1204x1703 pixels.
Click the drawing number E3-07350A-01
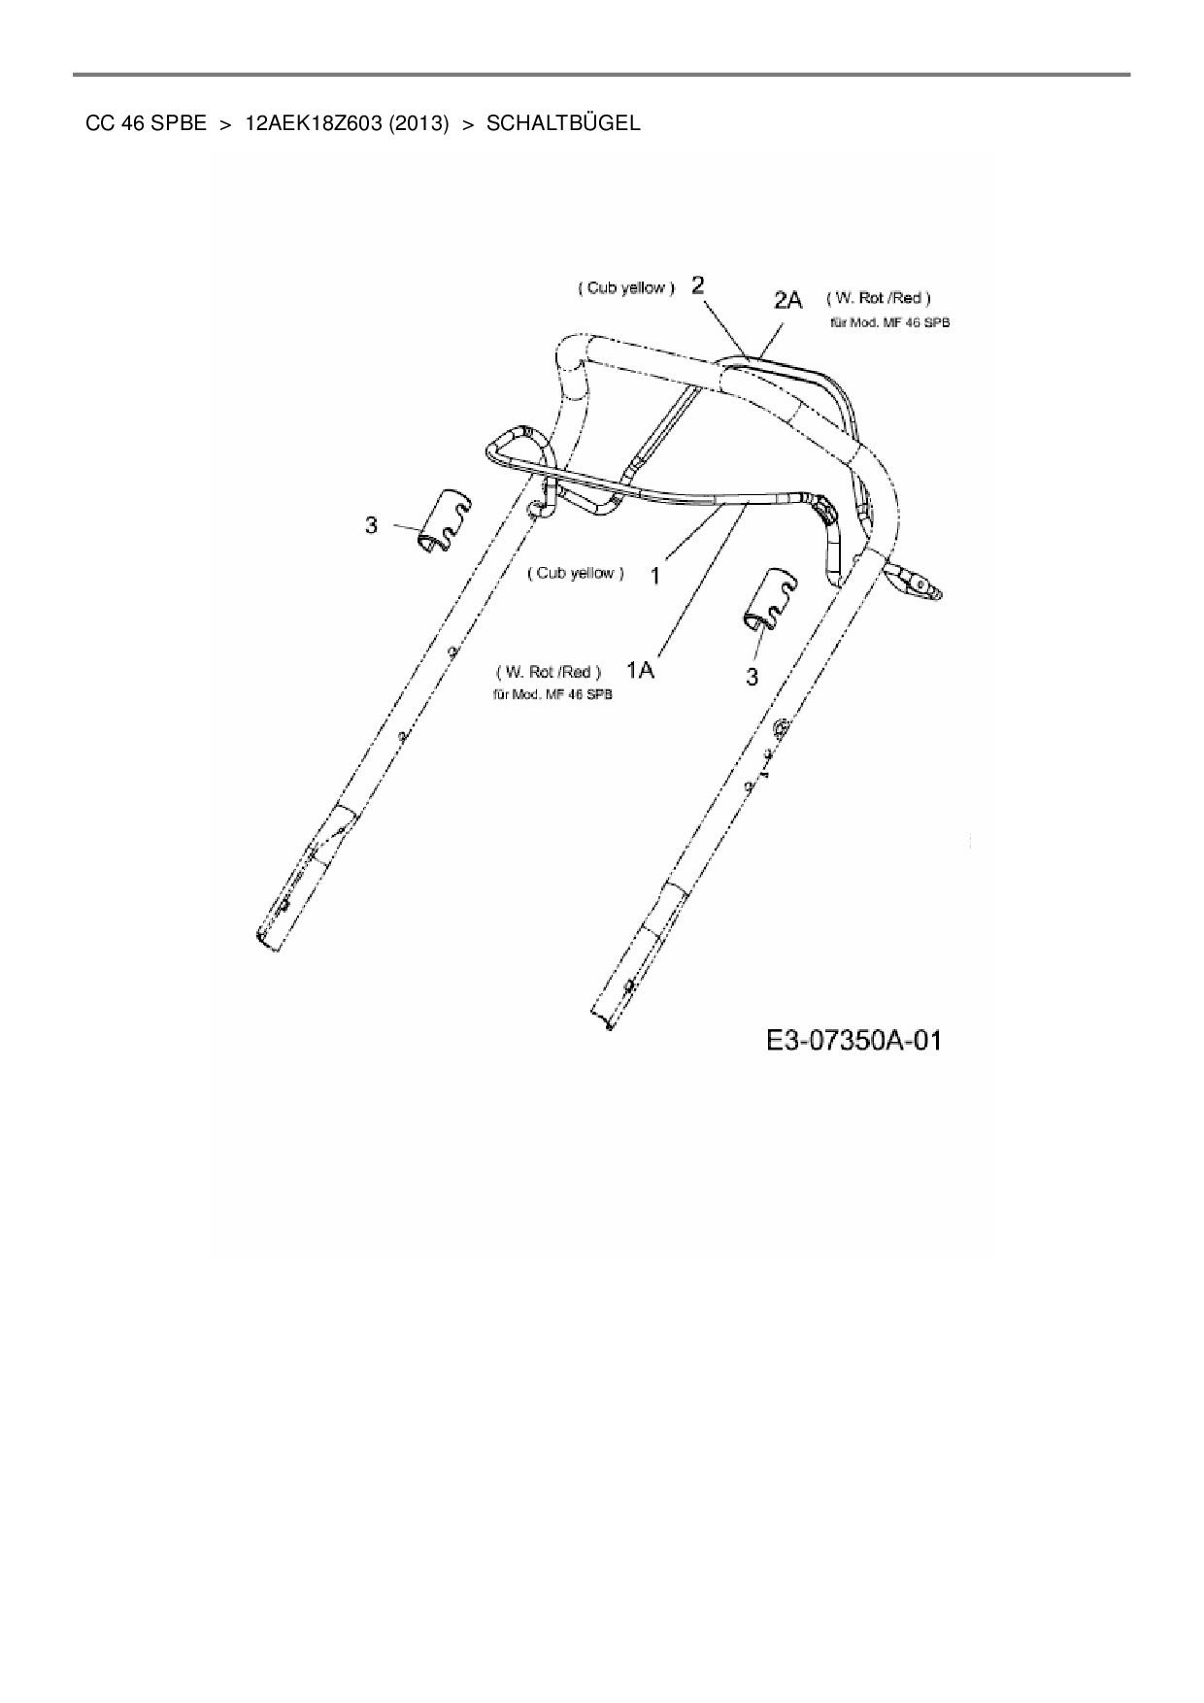coord(853,1042)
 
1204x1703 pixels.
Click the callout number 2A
coord(787,299)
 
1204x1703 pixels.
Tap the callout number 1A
coord(640,670)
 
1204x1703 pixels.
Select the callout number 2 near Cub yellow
coord(698,284)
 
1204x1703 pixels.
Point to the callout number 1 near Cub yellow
coord(655,576)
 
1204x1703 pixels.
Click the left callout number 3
coord(371,525)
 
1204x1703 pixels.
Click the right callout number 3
coord(752,677)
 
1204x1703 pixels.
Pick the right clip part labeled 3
coord(772,600)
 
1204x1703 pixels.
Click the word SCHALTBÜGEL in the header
coord(563,123)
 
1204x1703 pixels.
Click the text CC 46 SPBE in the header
coord(146,123)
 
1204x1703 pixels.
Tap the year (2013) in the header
coord(418,123)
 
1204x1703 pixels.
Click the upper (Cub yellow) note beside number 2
coord(626,288)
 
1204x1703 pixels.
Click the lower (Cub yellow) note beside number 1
coord(576,573)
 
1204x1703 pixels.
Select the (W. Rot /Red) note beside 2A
coord(878,298)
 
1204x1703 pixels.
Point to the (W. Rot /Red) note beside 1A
coord(549,672)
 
